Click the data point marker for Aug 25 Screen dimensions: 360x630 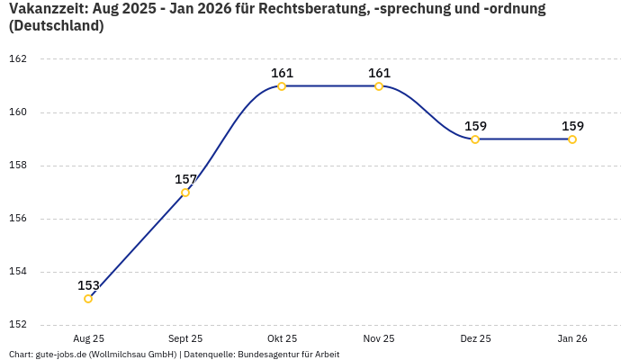[88, 299]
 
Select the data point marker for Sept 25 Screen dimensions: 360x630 [185, 193]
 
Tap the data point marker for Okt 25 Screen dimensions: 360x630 [282, 86]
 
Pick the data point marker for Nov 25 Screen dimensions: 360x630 [379, 86]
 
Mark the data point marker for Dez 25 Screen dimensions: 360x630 [475, 139]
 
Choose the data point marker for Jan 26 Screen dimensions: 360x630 [572, 139]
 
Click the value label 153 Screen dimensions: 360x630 [88, 285]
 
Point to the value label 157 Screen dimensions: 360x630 [185, 179]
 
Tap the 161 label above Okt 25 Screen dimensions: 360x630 [282, 73]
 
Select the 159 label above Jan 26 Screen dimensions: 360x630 [572, 126]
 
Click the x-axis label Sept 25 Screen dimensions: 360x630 [185, 338]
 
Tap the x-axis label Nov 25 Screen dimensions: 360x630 [379, 338]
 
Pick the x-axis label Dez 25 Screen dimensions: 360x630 [475, 338]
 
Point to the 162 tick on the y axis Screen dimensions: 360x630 [19, 59]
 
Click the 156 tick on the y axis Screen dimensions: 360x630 [19, 219]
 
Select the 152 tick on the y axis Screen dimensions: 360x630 [19, 325]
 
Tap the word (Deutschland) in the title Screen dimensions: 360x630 [56, 26]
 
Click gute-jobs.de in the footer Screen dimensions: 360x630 [60, 354]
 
